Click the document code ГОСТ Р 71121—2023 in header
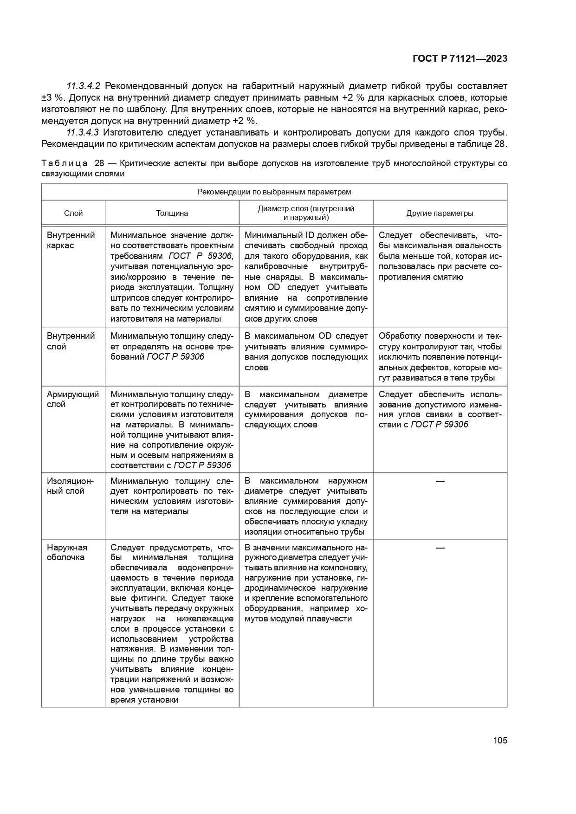point(460,58)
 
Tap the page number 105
point(500,740)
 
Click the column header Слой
point(73,213)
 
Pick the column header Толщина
point(172,213)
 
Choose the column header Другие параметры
point(440,213)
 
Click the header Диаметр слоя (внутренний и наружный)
point(306,213)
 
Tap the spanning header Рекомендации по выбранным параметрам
point(274,192)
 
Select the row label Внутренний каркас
point(71,240)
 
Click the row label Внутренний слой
point(71,341)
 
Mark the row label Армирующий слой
point(72,399)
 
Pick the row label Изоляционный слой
point(70,486)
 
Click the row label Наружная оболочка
point(67,552)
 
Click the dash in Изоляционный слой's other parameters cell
point(440,481)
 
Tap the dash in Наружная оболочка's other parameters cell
point(440,548)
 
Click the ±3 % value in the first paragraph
point(51,98)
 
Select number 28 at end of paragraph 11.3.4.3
point(498,144)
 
